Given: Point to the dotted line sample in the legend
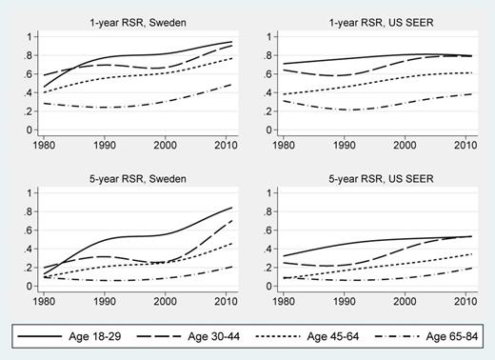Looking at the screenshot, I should coord(282,336).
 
